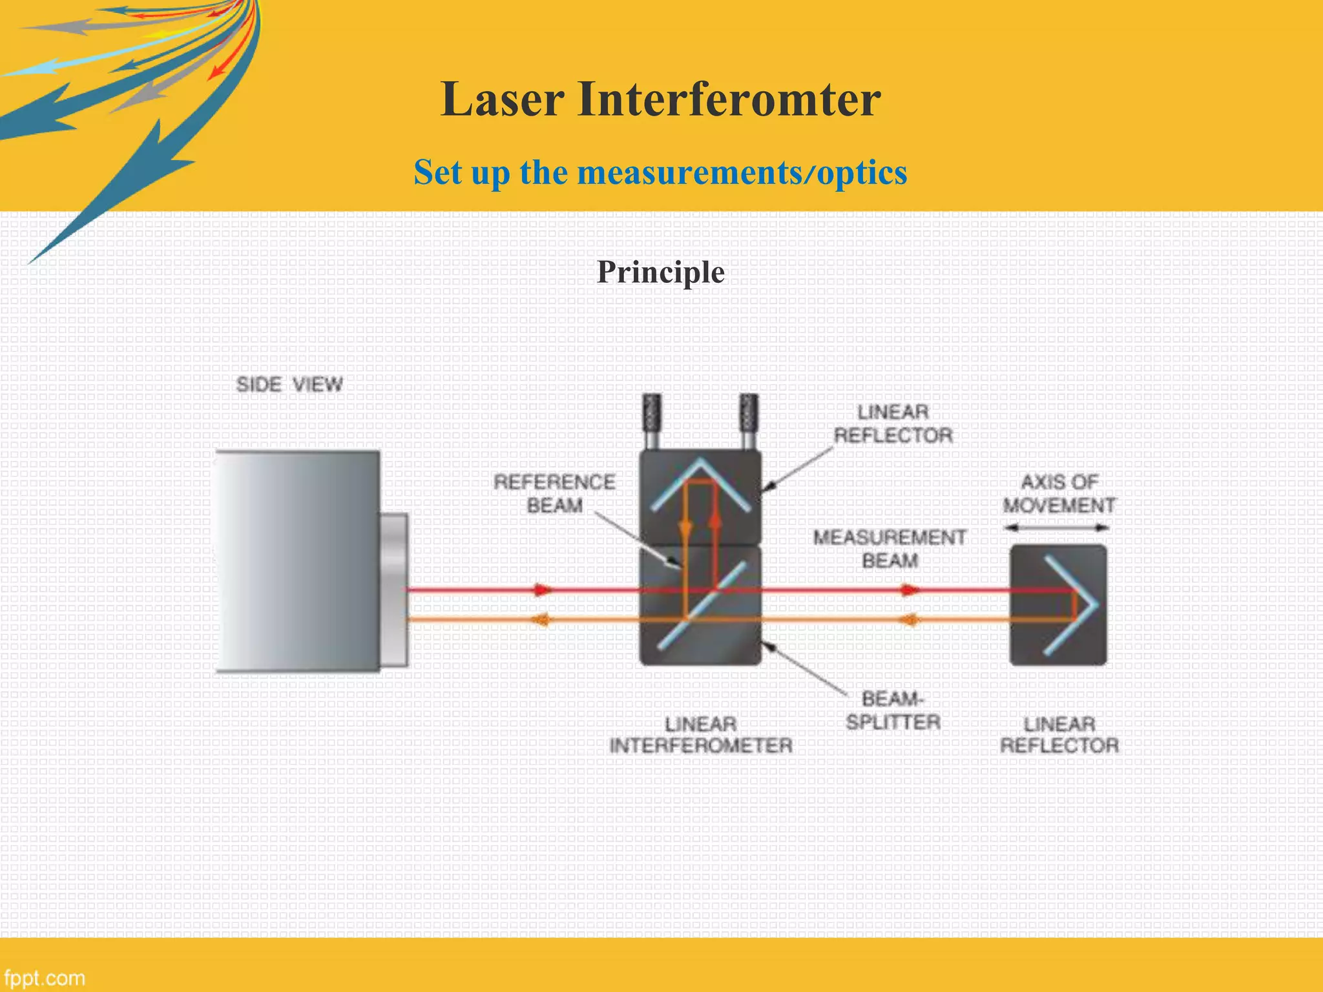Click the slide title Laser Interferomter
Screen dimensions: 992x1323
click(x=660, y=99)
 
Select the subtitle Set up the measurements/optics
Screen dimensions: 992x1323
click(x=660, y=172)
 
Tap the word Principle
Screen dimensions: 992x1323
click(x=660, y=272)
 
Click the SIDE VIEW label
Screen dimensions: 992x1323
click(x=289, y=384)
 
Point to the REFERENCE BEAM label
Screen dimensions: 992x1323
click(x=554, y=493)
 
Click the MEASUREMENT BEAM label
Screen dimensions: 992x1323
click(x=889, y=548)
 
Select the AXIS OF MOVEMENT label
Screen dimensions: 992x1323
click(x=1058, y=493)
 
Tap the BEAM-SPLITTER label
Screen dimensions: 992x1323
click(x=893, y=710)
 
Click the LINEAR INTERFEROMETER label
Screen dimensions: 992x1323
click(x=701, y=734)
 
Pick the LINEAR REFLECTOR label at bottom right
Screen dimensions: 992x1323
click(x=1059, y=734)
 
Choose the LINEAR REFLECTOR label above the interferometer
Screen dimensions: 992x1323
click(x=893, y=424)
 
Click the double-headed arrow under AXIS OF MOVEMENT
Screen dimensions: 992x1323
click(x=1057, y=528)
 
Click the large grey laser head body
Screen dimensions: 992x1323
click(x=297, y=561)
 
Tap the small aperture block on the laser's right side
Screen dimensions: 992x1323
click(x=394, y=589)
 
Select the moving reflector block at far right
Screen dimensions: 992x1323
click(x=1058, y=604)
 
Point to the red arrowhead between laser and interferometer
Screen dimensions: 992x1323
click(x=541, y=589)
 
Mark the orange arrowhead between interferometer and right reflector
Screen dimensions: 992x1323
click(x=910, y=620)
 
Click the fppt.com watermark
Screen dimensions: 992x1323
click(x=44, y=978)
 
